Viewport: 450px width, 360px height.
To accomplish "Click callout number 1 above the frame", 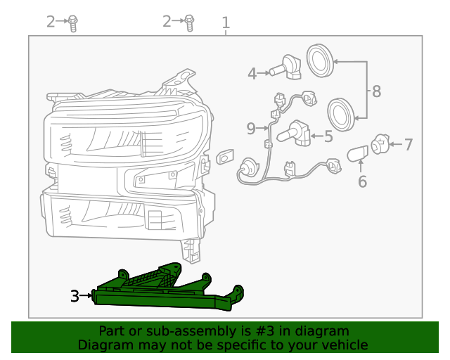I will [x=226, y=22].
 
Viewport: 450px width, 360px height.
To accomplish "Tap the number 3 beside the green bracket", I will [x=75, y=296].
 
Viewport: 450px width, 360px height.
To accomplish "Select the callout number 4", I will [x=252, y=72].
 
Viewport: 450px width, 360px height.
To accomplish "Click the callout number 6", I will [x=362, y=182].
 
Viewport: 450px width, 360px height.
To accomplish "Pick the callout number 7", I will [x=408, y=145].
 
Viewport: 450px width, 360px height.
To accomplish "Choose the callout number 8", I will [x=376, y=91].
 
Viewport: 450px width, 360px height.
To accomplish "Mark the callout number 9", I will [x=251, y=128].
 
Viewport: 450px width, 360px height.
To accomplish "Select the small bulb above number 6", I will [x=359, y=153].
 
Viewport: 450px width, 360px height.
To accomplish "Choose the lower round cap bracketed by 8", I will [x=342, y=115].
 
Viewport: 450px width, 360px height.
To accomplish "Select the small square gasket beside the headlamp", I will [x=224, y=157].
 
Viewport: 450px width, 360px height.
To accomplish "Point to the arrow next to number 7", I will [x=394, y=145].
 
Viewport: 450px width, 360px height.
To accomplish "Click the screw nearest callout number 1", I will [x=189, y=23].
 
